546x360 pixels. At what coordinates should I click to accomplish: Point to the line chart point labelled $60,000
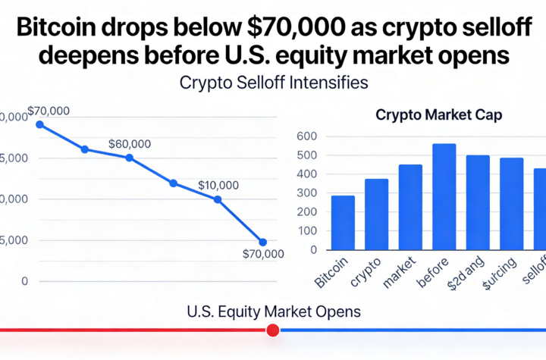coord(129,158)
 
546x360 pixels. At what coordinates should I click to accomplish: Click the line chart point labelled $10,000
coord(218,199)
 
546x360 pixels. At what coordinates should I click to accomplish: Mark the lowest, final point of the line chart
coord(263,242)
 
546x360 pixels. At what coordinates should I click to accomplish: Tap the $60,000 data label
coord(129,144)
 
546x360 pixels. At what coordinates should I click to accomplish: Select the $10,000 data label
coord(218,185)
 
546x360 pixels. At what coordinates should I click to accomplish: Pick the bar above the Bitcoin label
coord(342,223)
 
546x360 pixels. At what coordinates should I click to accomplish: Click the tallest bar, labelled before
coord(444,196)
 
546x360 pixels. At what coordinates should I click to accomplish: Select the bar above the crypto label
coord(376,214)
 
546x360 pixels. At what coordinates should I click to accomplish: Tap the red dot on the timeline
coord(273,330)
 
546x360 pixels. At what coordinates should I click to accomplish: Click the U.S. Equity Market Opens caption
coord(273,311)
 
